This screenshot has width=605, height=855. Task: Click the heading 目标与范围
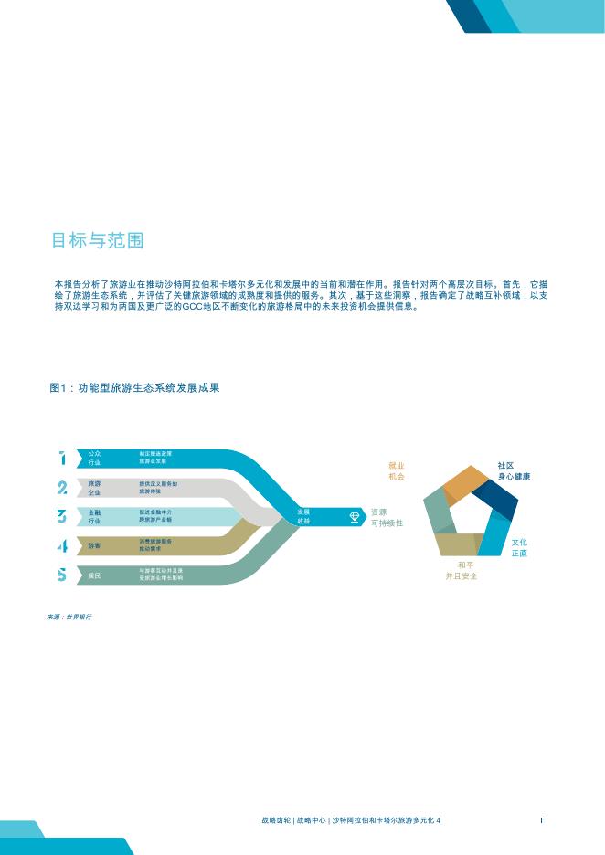click(x=97, y=241)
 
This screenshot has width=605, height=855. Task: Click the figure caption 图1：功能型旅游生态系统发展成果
click(x=134, y=388)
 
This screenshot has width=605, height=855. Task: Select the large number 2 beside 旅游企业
click(x=62, y=488)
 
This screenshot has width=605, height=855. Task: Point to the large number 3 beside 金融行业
click(x=62, y=517)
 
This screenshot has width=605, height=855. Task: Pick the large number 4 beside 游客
click(x=62, y=546)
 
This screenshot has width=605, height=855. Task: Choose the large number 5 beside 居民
click(x=62, y=575)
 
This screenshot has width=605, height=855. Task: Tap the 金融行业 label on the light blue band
click(x=94, y=517)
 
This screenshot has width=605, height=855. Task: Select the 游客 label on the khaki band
click(x=94, y=546)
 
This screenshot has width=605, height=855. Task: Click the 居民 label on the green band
click(x=94, y=575)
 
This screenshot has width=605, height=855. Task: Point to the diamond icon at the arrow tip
click(x=356, y=517)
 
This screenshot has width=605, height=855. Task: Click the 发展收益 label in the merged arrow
click(x=303, y=517)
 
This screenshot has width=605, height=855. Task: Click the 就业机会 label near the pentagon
click(x=396, y=470)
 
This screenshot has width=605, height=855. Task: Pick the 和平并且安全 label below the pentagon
click(x=462, y=571)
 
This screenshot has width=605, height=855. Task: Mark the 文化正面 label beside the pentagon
click(x=519, y=548)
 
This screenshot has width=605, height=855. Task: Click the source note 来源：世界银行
click(x=69, y=617)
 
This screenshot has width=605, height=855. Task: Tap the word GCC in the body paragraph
click(x=195, y=308)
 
